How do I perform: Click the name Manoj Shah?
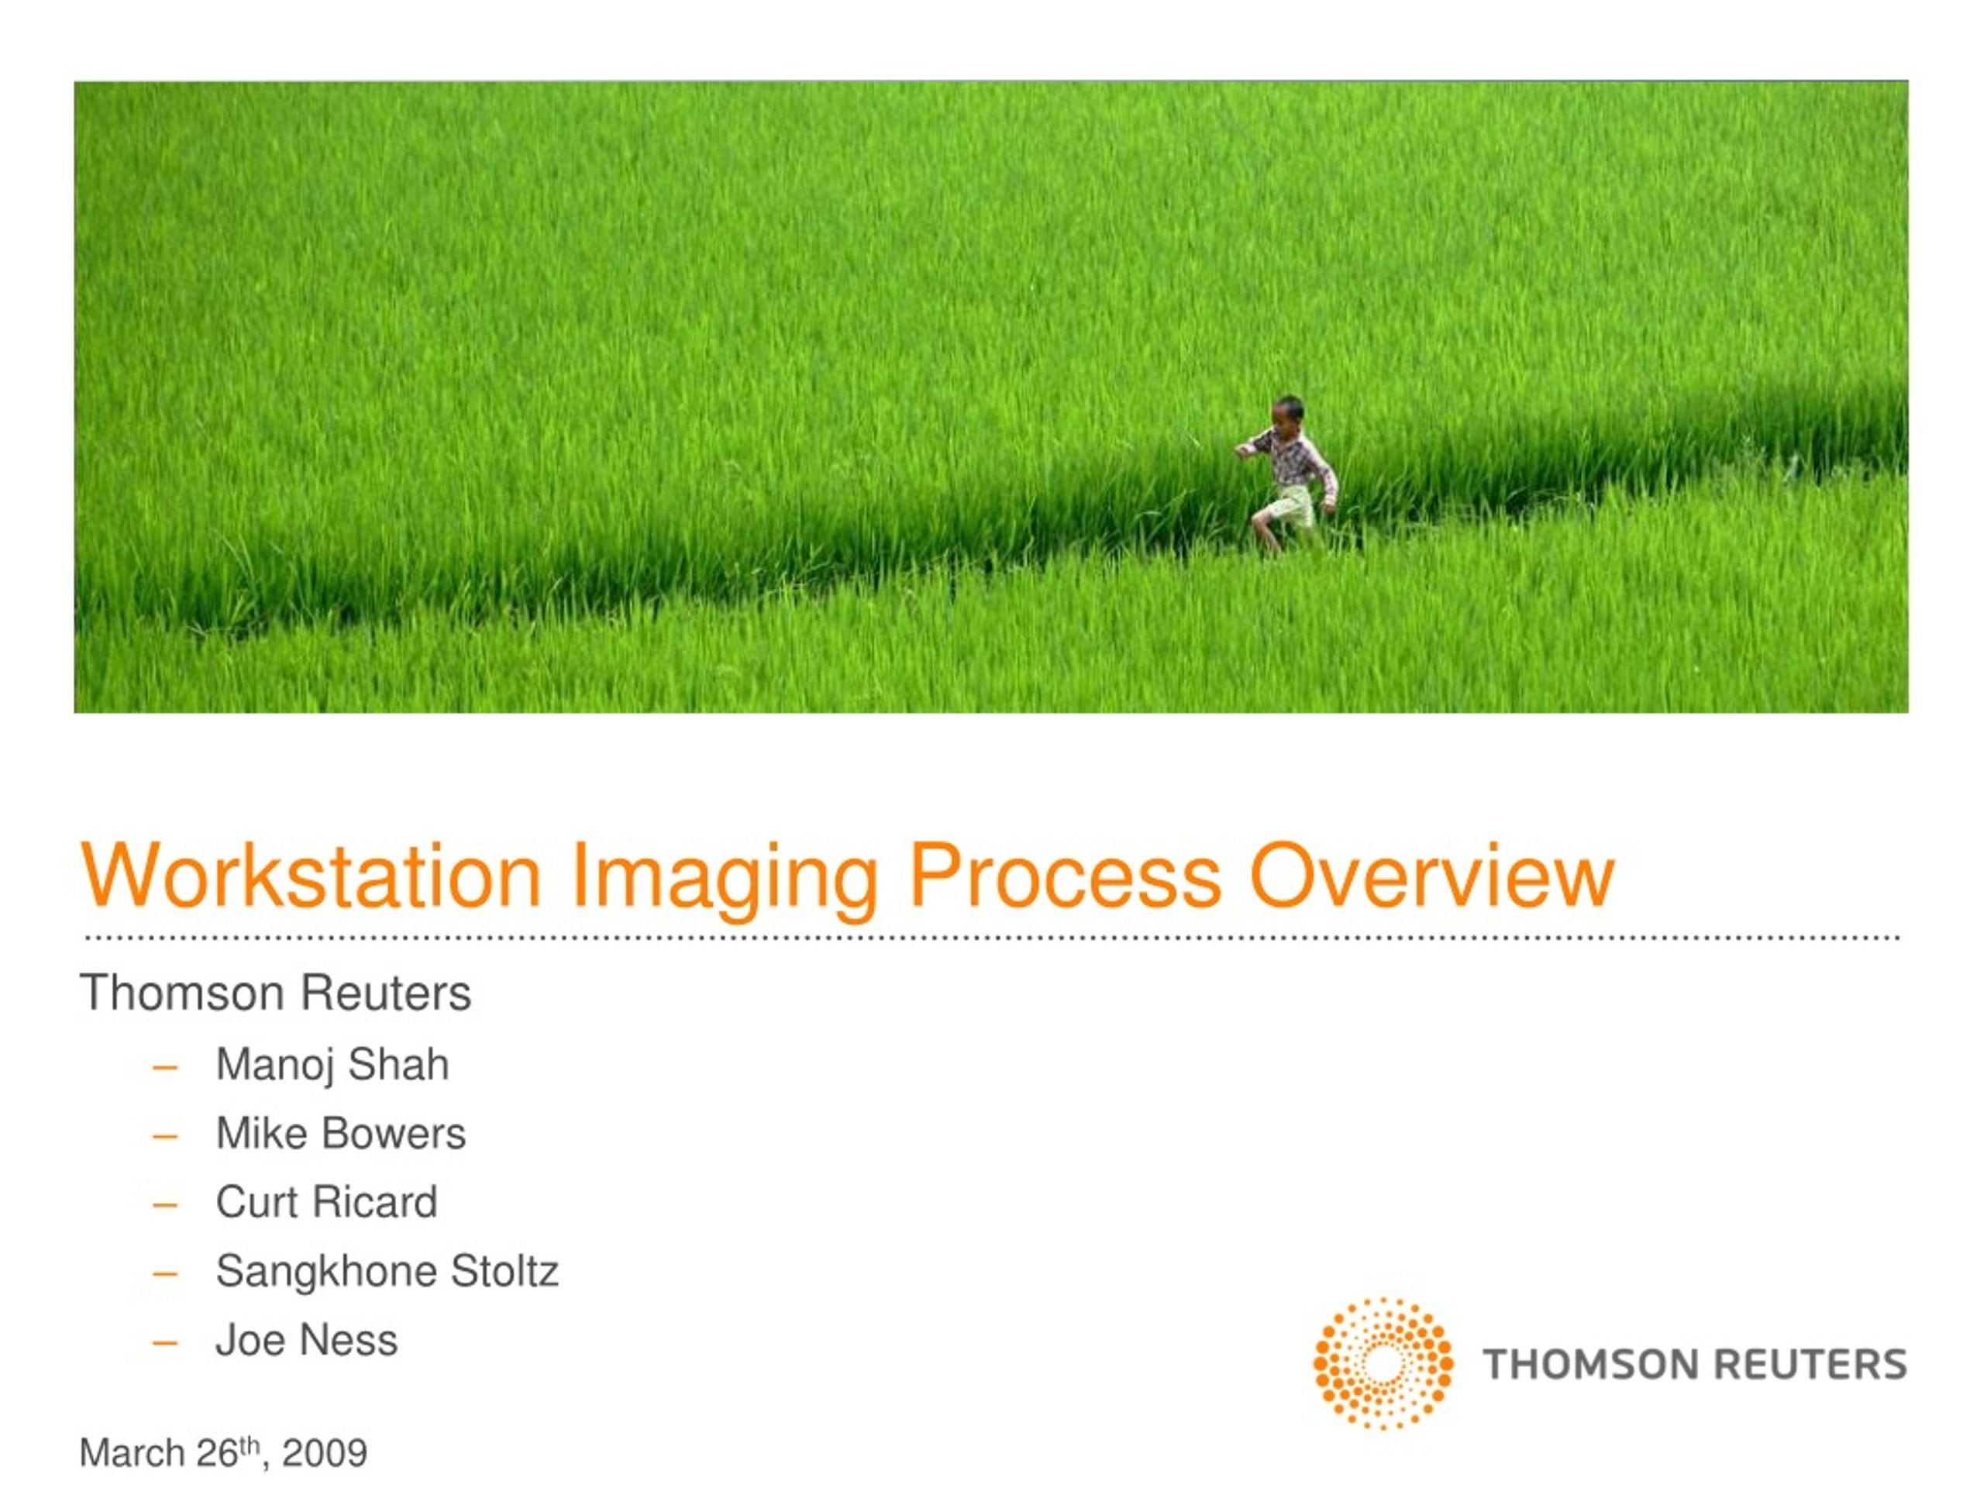tap(332, 1066)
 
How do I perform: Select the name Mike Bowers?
tap(341, 1133)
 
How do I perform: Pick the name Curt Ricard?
tap(326, 1202)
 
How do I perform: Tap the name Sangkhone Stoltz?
tap(387, 1272)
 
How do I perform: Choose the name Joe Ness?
tap(307, 1340)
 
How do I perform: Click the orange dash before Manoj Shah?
tap(165, 1067)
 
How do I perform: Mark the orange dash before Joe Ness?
tap(165, 1343)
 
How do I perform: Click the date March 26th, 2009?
tap(223, 1453)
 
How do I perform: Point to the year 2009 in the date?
tap(325, 1453)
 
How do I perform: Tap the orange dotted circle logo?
tap(1383, 1363)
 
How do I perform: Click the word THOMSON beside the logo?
tap(1590, 1364)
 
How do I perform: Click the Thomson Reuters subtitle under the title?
tap(275, 993)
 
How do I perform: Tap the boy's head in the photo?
tap(1288, 416)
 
